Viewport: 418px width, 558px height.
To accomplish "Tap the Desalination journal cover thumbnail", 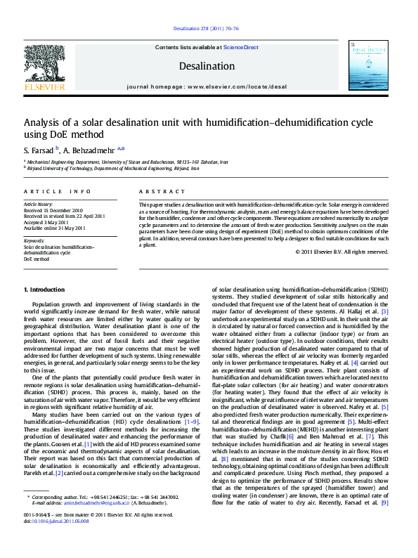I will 367,65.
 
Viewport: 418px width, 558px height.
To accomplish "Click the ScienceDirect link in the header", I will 241,47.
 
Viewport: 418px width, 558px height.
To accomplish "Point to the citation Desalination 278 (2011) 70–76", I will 206,29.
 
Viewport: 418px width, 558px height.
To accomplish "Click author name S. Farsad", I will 38,150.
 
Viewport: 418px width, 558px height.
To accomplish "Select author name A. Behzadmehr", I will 89,150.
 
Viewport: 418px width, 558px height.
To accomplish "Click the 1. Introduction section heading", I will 44,290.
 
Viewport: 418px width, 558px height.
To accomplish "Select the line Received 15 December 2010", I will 53,211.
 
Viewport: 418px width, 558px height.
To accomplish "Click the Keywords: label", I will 34,240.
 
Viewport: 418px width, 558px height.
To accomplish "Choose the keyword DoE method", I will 37,259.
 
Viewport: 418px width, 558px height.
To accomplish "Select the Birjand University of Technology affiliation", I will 114,169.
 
